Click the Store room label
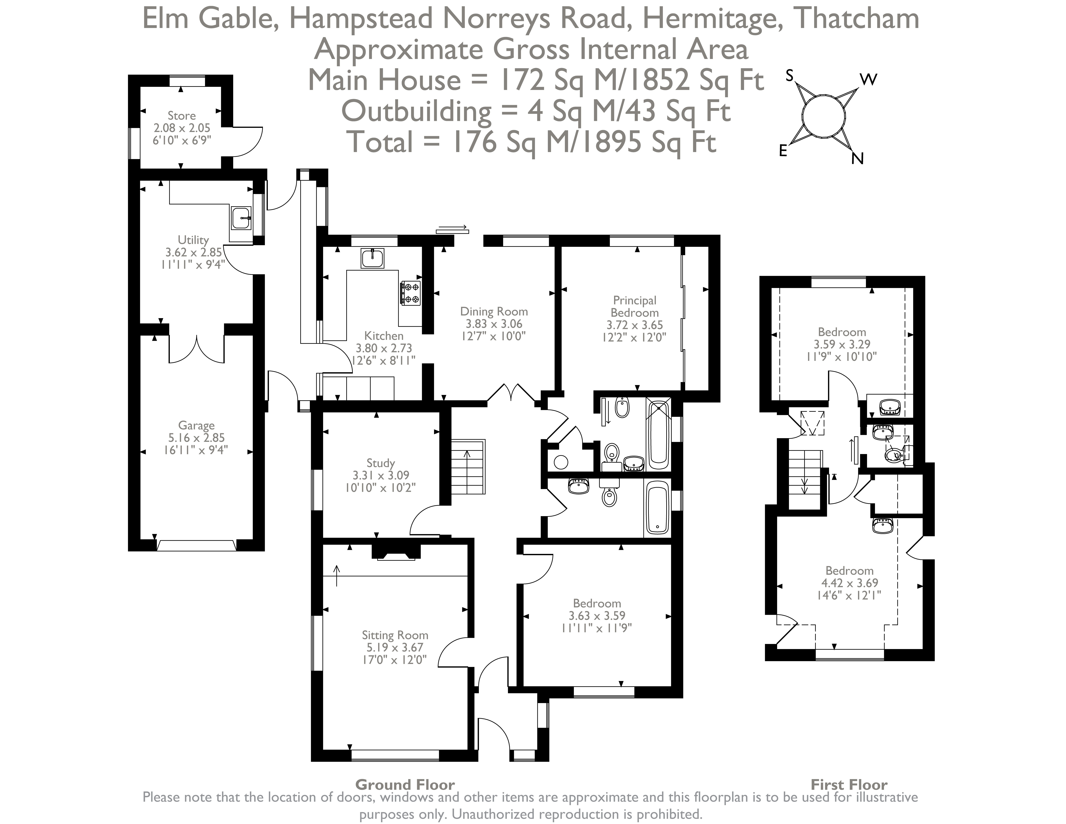[x=182, y=116]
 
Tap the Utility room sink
[x=241, y=218]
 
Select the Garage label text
[x=196, y=425]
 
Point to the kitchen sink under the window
[x=372, y=258]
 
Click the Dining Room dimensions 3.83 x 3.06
[x=493, y=324]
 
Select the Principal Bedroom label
[x=634, y=307]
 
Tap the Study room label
[x=381, y=463]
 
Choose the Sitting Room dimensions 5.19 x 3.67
[x=395, y=647]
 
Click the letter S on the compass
[x=789, y=76]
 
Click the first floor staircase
[x=805, y=478]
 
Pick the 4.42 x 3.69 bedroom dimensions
[x=849, y=583]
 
